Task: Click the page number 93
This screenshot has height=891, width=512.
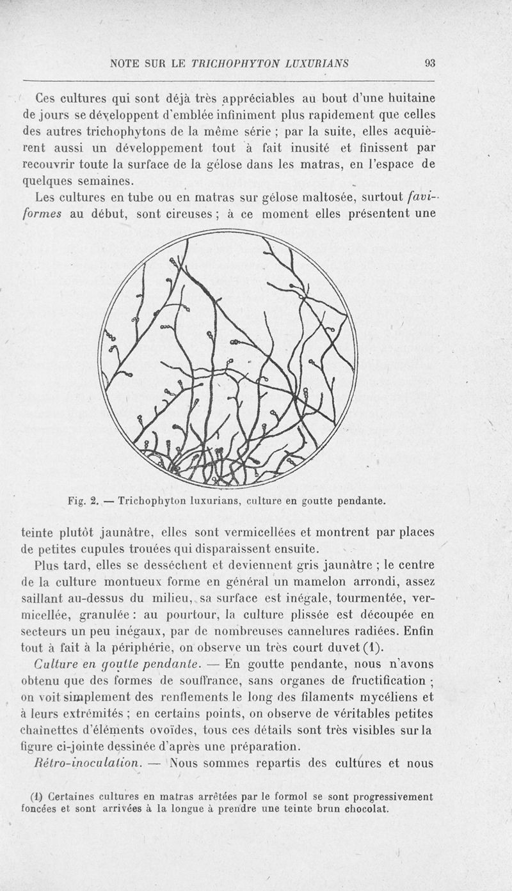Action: (x=429, y=63)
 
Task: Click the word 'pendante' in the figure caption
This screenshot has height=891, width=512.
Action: (x=360, y=501)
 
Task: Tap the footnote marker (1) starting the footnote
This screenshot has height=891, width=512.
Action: (x=36, y=797)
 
